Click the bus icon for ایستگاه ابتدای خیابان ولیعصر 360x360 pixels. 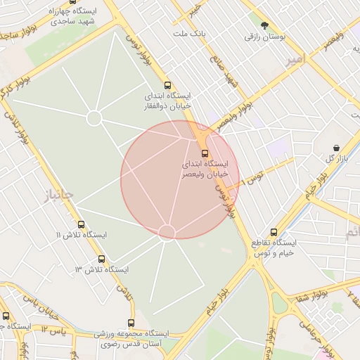(x=205, y=153)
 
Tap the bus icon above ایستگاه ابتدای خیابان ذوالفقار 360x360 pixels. (x=167, y=85)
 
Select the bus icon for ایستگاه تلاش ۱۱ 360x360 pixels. (x=81, y=224)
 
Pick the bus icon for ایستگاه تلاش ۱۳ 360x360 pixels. (x=102, y=259)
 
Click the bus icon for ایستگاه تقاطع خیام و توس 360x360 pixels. (x=274, y=232)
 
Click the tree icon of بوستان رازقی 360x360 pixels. (x=264, y=25)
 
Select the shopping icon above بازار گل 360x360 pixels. (x=337, y=148)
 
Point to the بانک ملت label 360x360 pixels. (x=189, y=33)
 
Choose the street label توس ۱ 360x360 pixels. (x=252, y=176)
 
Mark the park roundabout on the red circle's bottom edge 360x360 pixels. (x=167, y=232)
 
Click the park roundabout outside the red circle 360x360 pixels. (x=94, y=118)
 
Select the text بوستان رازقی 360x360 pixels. (x=264, y=37)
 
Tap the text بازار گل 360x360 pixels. (x=338, y=158)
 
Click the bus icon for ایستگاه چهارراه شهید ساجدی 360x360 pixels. (x=72, y=2)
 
